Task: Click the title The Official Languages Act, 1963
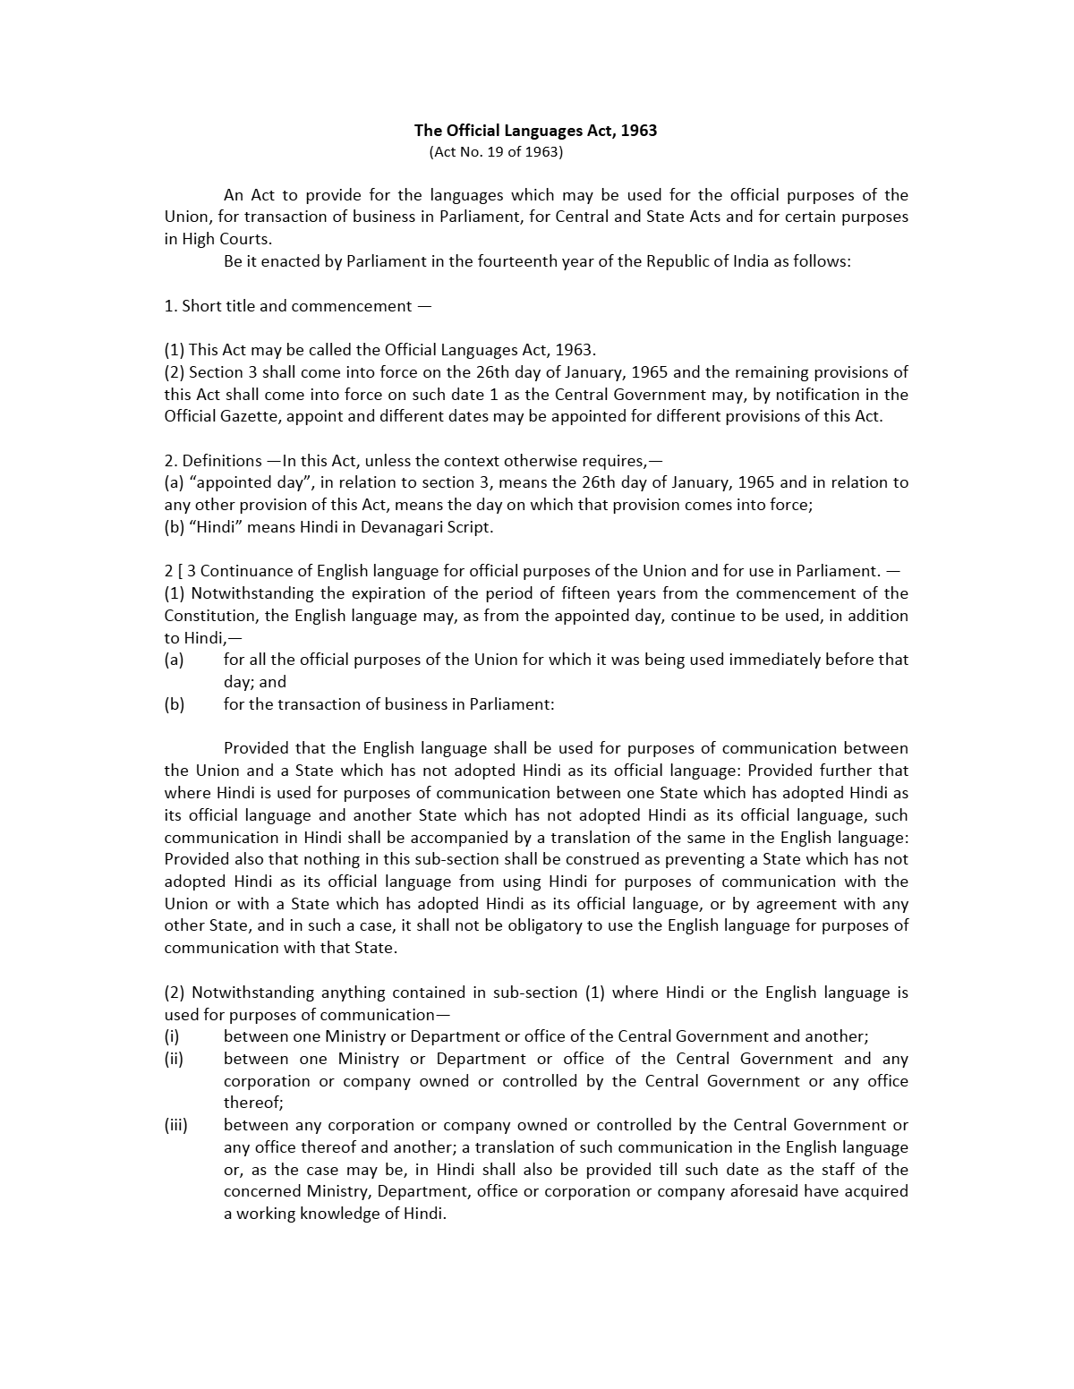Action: [535, 131]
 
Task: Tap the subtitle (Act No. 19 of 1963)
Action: [496, 152]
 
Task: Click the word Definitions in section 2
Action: [222, 461]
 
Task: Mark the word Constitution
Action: [209, 616]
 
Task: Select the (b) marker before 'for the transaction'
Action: [174, 704]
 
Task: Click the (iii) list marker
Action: [175, 1125]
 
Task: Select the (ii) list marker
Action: [174, 1059]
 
